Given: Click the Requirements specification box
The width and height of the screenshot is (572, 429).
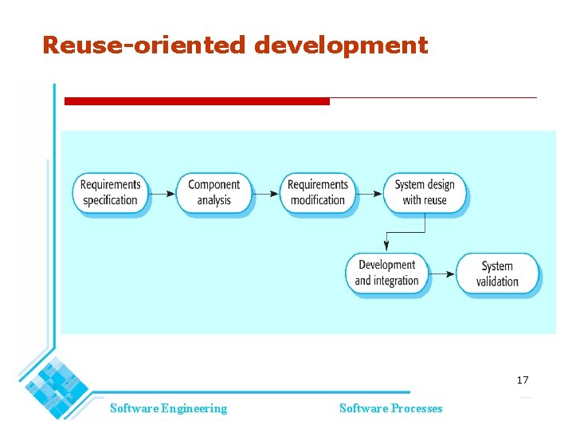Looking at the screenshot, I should tap(111, 192).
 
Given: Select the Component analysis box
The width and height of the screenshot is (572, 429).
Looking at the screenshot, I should tap(214, 192).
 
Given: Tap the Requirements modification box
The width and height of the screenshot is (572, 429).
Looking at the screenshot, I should tap(317, 192).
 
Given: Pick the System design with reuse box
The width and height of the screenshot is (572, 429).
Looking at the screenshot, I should tap(424, 192).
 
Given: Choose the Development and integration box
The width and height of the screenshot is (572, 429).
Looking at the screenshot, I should tap(386, 273).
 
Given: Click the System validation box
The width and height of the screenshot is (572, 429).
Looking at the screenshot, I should tap(497, 274).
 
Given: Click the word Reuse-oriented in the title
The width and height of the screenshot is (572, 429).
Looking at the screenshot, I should tap(144, 45).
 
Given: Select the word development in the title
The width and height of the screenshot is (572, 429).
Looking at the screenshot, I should tap(341, 45).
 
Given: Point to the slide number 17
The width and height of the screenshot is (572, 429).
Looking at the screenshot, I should tap(522, 380).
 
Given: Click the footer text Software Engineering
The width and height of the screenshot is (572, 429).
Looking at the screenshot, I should tap(168, 408).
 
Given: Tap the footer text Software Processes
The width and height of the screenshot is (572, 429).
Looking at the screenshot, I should tap(390, 408).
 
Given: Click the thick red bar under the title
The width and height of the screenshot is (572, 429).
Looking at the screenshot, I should tap(197, 101).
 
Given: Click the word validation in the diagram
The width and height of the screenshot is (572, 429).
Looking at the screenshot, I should tap(497, 281).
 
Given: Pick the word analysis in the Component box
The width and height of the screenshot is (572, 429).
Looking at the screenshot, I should tap(214, 200).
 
